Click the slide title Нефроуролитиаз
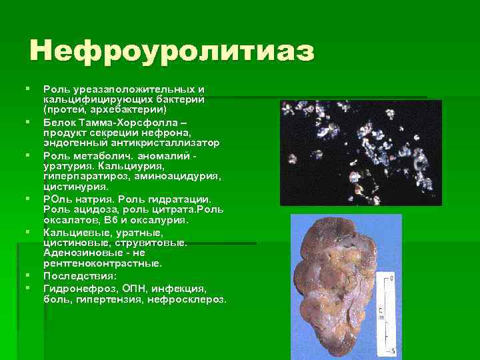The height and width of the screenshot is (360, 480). pyautogui.click(x=171, y=51)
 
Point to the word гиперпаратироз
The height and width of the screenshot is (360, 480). pyautogui.click(x=86, y=175)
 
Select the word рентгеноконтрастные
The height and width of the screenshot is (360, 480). pyautogui.click(x=102, y=264)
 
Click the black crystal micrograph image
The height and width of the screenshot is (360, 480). pyautogui.click(x=359, y=153)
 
